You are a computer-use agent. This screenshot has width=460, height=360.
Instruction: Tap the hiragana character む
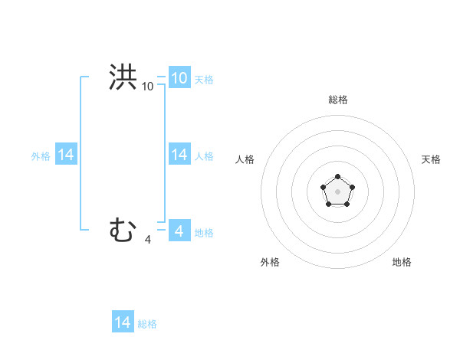point(123,230)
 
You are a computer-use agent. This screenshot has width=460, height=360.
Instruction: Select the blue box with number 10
point(179,77)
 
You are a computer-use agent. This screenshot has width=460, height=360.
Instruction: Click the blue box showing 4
point(179,231)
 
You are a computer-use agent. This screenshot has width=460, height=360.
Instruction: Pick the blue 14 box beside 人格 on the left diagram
point(179,155)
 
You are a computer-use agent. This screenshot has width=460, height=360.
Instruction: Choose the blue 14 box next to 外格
point(66,155)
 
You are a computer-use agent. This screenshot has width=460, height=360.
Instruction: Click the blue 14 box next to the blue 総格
point(123,322)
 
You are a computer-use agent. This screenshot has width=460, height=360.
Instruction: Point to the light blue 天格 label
point(204,79)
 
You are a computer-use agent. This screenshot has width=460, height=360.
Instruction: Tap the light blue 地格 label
point(204,232)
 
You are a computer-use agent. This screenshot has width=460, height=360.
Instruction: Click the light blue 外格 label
point(41,156)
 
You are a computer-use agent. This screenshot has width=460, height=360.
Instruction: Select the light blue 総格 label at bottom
point(147,324)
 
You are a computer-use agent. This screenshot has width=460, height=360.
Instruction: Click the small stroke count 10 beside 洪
point(147,87)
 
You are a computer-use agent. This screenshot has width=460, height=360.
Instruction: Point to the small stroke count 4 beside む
point(147,240)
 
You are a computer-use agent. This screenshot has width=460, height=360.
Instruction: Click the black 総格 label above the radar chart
point(337,100)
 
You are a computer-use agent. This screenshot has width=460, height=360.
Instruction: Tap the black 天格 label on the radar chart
point(431,159)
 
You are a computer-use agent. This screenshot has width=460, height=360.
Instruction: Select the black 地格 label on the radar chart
point(402,262)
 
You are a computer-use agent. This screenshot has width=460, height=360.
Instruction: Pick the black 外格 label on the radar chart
point(270,262)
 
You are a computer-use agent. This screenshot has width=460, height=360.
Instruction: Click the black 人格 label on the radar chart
point(245,159)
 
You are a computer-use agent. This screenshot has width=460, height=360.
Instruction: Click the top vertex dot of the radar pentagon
point(337,177)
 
